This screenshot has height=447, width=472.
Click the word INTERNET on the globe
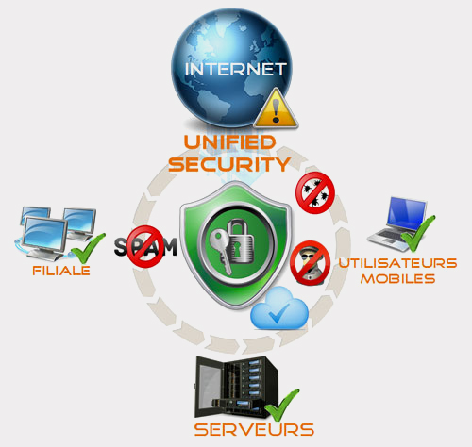235,69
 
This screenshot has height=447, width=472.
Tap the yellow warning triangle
276,109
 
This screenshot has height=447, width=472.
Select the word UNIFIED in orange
230,142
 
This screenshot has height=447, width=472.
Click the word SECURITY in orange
229,164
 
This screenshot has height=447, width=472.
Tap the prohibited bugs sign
315,192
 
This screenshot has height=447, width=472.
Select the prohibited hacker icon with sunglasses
311,263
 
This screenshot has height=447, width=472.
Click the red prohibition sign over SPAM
145,247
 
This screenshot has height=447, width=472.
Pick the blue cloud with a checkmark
279,309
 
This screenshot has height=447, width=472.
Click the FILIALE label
61,271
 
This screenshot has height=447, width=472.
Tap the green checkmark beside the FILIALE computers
88,248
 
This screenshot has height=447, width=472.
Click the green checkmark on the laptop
418,233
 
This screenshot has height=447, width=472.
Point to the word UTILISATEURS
397,263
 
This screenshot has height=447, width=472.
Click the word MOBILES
397,279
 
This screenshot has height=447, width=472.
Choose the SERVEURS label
254,430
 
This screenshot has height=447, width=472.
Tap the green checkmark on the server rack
282,406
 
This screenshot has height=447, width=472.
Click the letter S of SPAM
121,247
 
